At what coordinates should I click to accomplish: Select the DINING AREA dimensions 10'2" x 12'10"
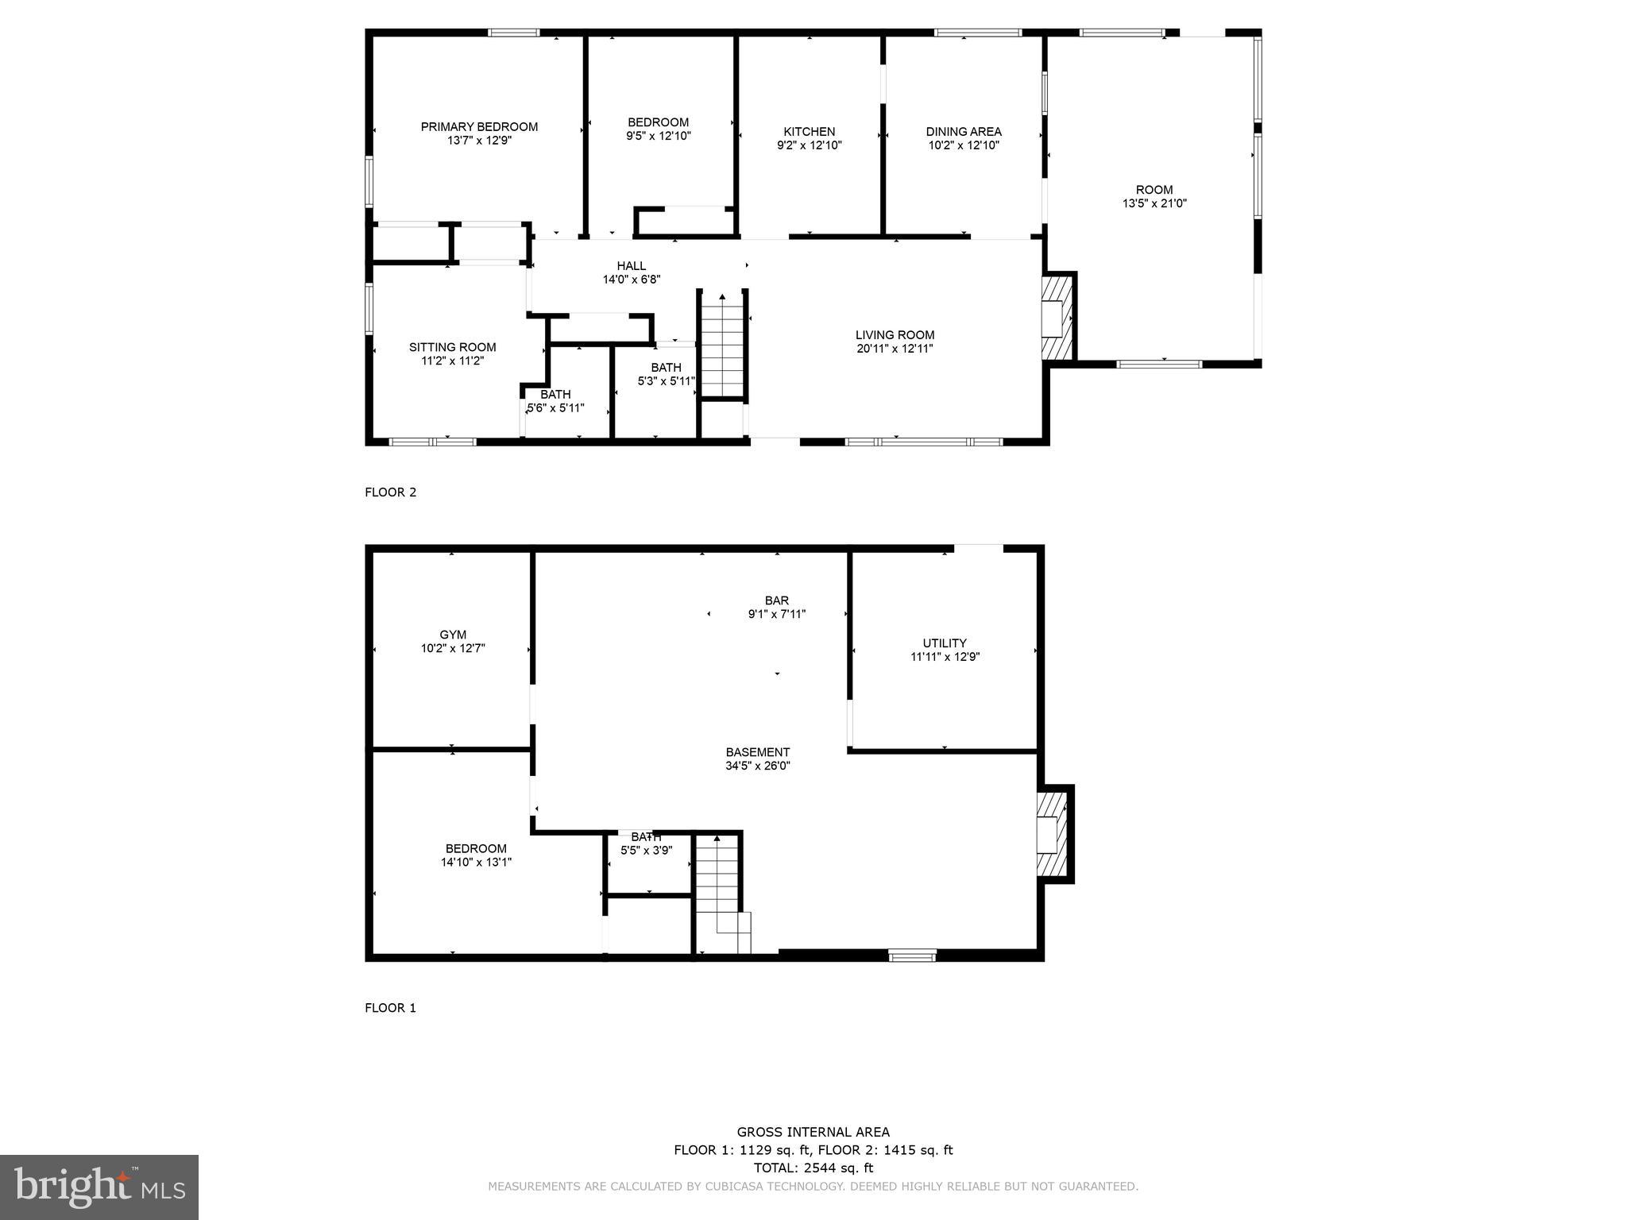(x=964, y=145)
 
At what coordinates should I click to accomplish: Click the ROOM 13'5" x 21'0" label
(x=1154, y=196)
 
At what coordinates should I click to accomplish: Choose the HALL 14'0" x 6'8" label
(x=632, y=272)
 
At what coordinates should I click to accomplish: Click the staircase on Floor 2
(x=722, y=346)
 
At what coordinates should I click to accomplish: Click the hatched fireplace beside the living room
(x=1058, y=318)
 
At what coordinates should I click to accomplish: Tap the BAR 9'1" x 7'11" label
(x=776, y=607)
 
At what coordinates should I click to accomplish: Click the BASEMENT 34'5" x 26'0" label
(x=757, y=759)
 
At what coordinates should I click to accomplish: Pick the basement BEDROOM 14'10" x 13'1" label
(x=476, y=855)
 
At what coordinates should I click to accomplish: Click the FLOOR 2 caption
(x=390, y=492)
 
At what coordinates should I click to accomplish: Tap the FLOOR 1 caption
(x=390, y=1008)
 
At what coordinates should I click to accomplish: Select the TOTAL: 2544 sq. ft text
(x=813, y=1168)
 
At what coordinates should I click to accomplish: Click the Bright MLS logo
(x=99, y=1187)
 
